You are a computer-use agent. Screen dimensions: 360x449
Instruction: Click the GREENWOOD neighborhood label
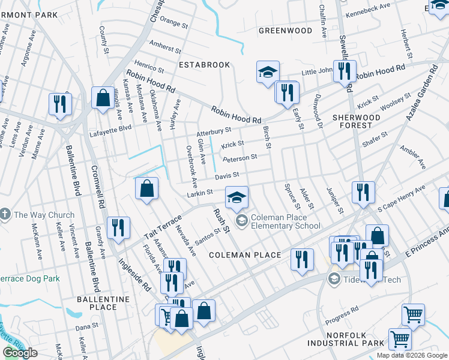click(x=285, y=31)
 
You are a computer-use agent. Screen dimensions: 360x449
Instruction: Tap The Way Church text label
click(x=44, y=215)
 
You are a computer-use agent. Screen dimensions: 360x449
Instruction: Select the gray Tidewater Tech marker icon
click(x=334, y=279)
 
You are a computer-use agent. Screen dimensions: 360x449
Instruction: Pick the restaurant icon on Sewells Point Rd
click(x=345, y=71)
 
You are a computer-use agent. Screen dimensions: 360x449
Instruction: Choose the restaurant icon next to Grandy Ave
click(x=118, y=227)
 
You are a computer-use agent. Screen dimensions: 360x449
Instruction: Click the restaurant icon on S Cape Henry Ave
click(x=363, y=192)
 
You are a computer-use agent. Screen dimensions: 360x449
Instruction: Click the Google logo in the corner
click(x=20, y=353)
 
